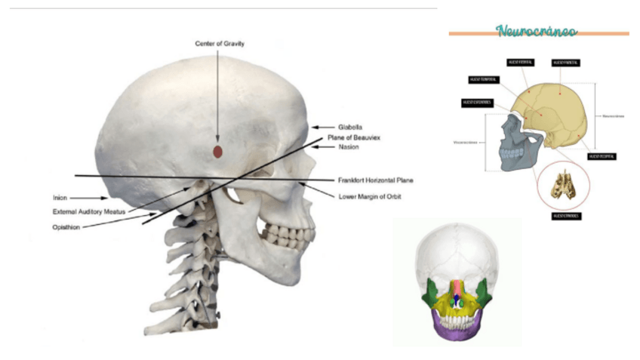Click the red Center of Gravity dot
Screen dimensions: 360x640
[217, 152]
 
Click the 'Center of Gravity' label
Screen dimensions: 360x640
[220, 44]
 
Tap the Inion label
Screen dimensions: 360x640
[60, 198]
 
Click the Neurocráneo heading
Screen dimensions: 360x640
[537, 31]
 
